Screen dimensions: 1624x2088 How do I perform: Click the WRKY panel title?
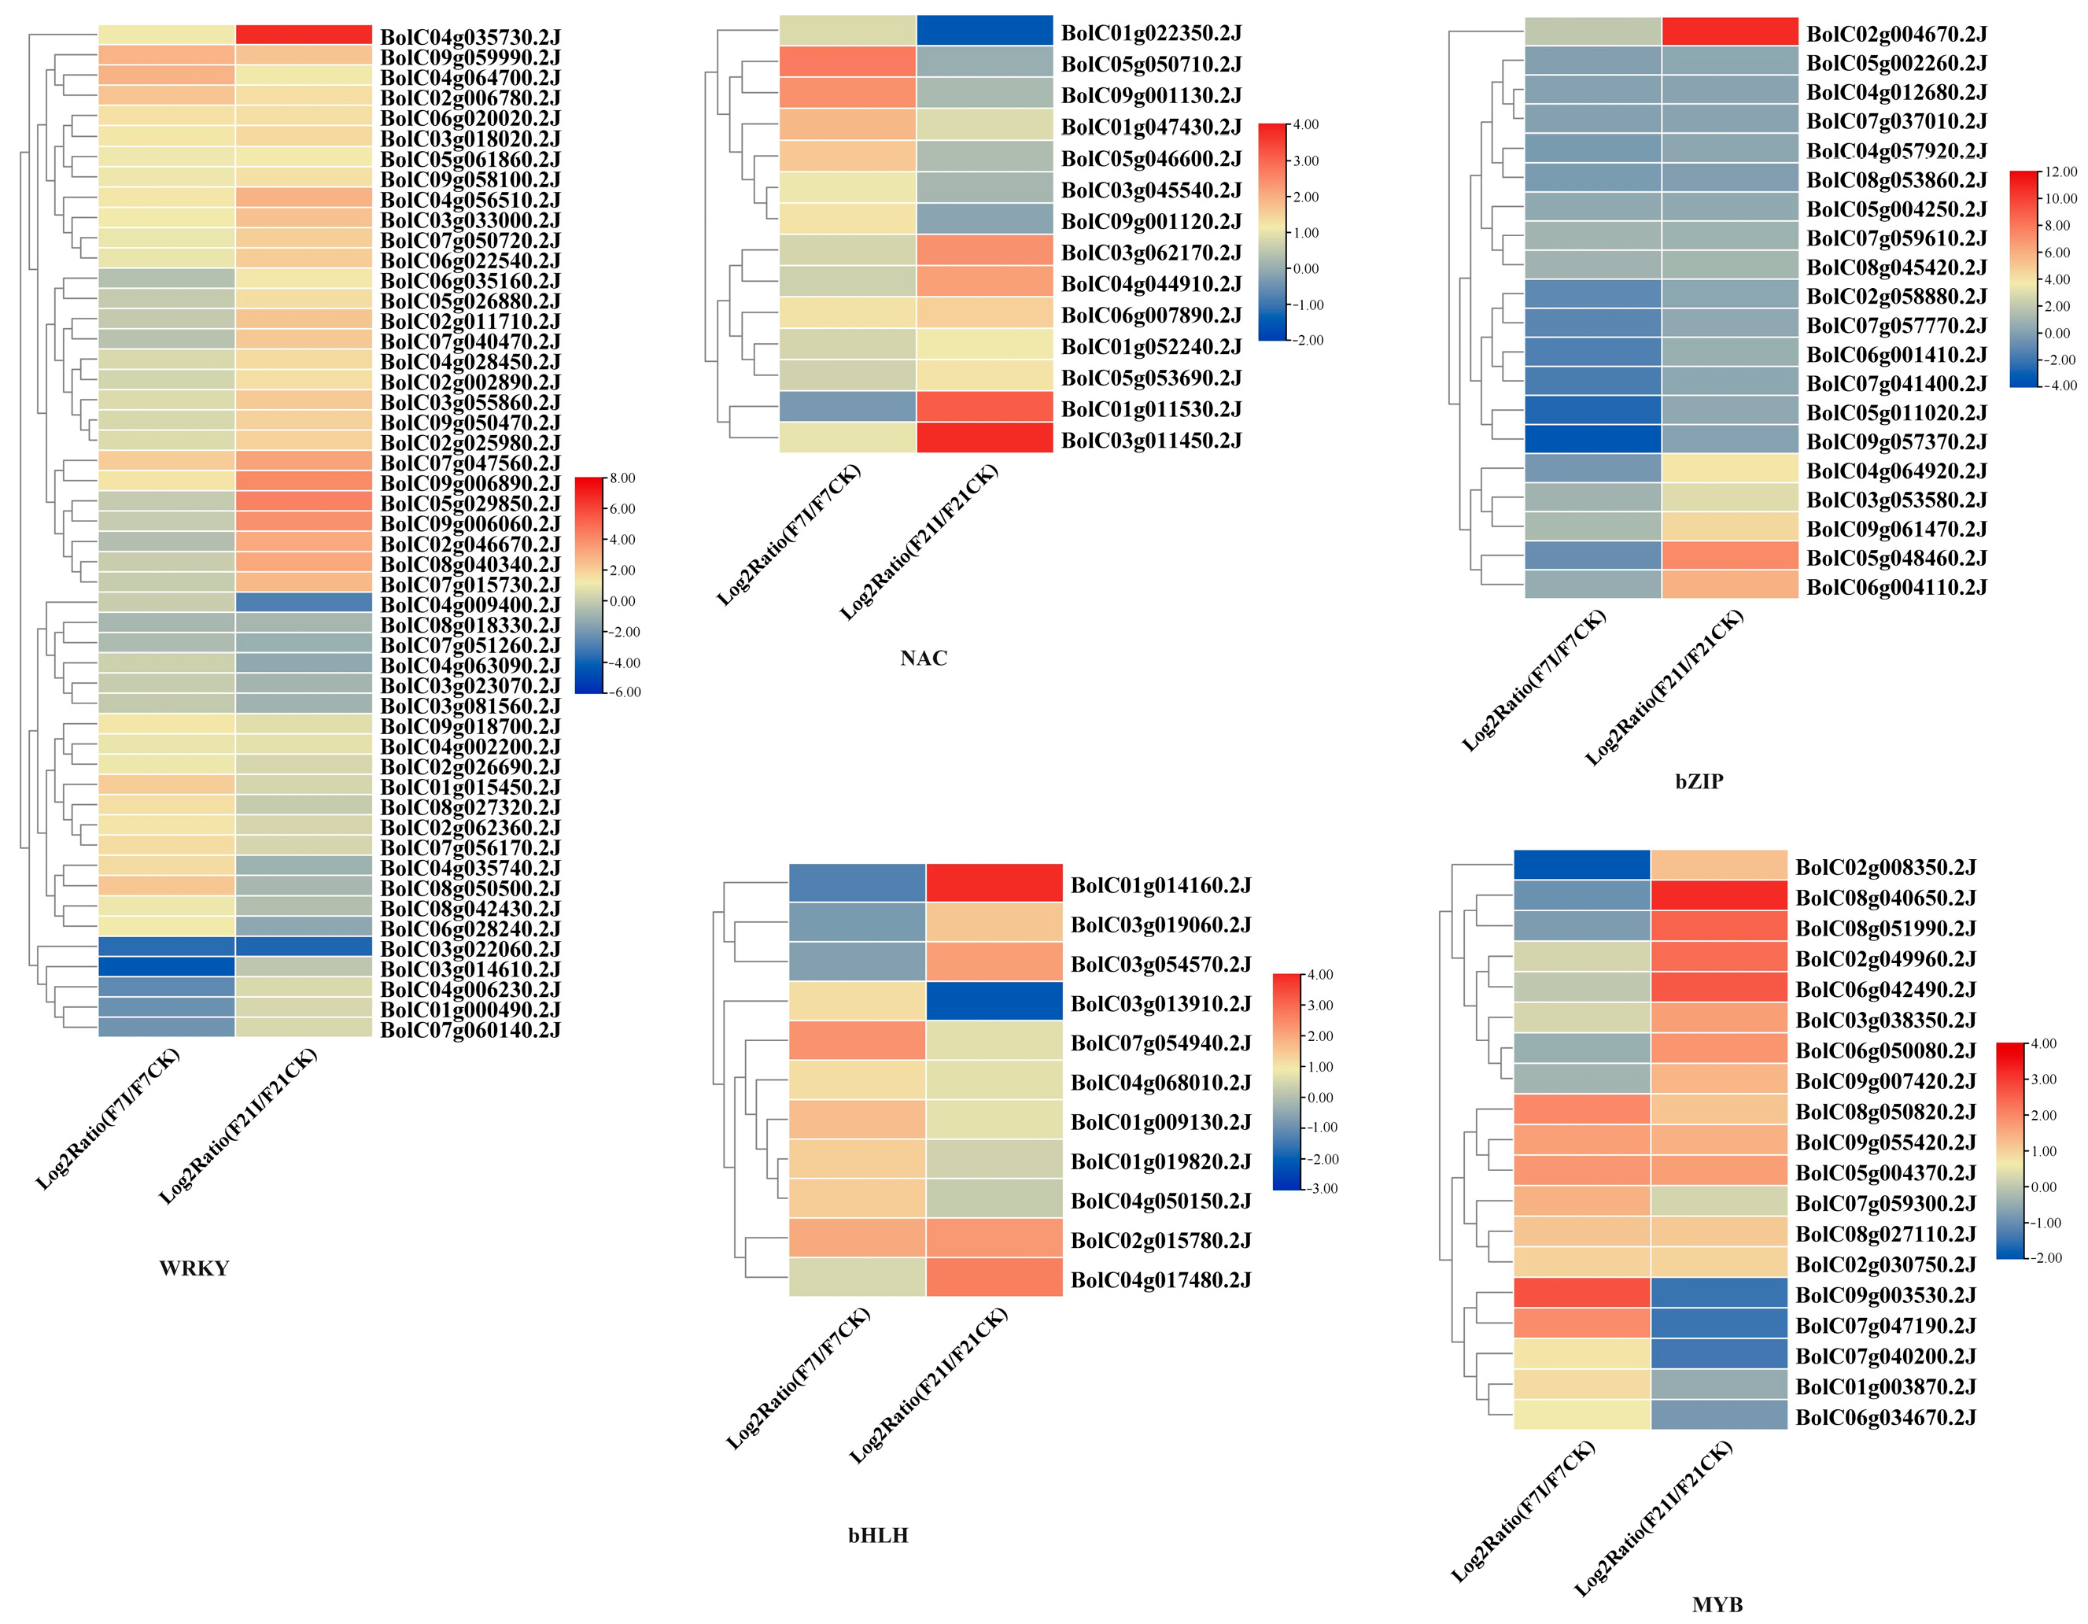pos(194,1268)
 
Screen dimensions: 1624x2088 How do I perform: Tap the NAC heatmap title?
pos(924,658)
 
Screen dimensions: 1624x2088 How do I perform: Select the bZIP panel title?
pos(1699,781)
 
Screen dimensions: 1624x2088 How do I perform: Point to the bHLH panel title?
pos(878,1535)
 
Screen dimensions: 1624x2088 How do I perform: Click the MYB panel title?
pos(1717,1604)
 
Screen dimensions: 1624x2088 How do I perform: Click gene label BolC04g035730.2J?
pos(470,37)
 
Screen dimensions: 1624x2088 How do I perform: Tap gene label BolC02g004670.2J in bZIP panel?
pos(1896,35)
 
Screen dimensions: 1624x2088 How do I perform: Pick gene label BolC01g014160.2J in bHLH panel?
pos(1160,886)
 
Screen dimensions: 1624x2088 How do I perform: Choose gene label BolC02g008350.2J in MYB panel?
pos(1885,868)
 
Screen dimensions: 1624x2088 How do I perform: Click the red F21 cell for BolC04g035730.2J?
pos(304,35)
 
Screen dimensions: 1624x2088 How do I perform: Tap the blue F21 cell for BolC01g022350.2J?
pos(985,31)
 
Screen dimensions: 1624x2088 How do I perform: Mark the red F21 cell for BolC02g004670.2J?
pos(1729,31)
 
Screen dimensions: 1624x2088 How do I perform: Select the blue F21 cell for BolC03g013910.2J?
pos(994,1002)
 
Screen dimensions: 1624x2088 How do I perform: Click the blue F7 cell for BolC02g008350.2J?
pos(1582,865)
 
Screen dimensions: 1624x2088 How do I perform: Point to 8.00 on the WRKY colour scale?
pos(622,478)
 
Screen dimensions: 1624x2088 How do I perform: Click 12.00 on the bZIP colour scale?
pos(2061,172)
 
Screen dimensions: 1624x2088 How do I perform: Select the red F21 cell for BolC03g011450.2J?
pos(985,438)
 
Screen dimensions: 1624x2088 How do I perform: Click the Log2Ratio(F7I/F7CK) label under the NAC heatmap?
pos(790,536)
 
